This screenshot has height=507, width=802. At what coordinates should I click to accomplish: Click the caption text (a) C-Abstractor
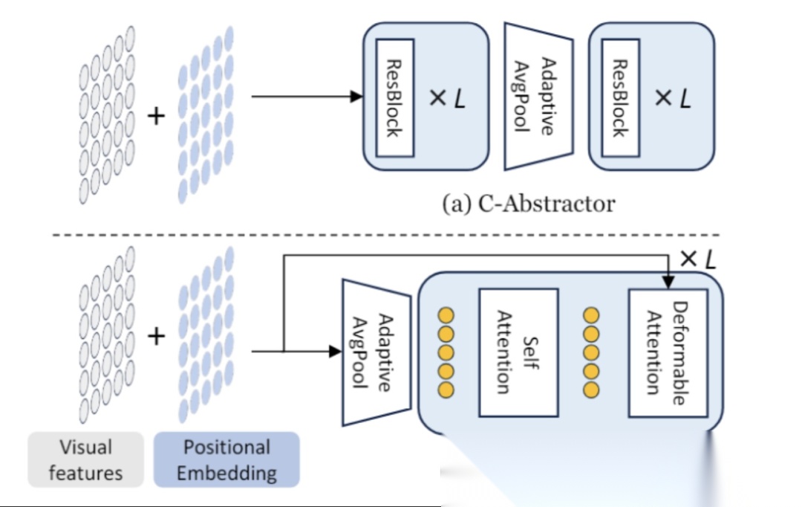point(529,204)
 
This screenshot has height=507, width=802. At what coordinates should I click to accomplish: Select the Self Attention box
point(518,352)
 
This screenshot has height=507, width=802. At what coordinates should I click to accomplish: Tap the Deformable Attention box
point(668,353)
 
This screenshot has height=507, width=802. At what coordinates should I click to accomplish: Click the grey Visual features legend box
point(86,459)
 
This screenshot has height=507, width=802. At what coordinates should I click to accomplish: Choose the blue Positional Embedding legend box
point(226,459)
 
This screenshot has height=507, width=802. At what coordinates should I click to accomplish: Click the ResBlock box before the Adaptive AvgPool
point(395,98)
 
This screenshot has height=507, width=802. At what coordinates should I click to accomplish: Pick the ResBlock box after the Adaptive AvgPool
point(620,98)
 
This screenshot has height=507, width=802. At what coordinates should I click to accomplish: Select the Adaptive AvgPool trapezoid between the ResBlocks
point(538,97)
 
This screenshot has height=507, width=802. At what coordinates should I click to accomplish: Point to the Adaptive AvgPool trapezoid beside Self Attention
point(376,352)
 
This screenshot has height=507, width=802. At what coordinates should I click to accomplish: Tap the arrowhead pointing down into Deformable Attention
point(668,282)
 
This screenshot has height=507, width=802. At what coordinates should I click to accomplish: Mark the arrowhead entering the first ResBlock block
point(356,97)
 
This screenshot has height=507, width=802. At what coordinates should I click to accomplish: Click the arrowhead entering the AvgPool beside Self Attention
point(336,352)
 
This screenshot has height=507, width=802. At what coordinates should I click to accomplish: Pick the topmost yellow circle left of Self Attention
point(446,315)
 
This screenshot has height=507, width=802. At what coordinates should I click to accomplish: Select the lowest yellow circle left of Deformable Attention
point(591,390)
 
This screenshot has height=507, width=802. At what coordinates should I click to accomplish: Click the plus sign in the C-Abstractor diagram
point(156,116)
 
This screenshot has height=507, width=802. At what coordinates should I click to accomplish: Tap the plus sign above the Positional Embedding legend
point(156,337)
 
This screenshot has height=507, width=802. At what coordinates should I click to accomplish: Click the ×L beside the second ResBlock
point(673,98)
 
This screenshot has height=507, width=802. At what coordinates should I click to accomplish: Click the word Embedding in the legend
point(226,473)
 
